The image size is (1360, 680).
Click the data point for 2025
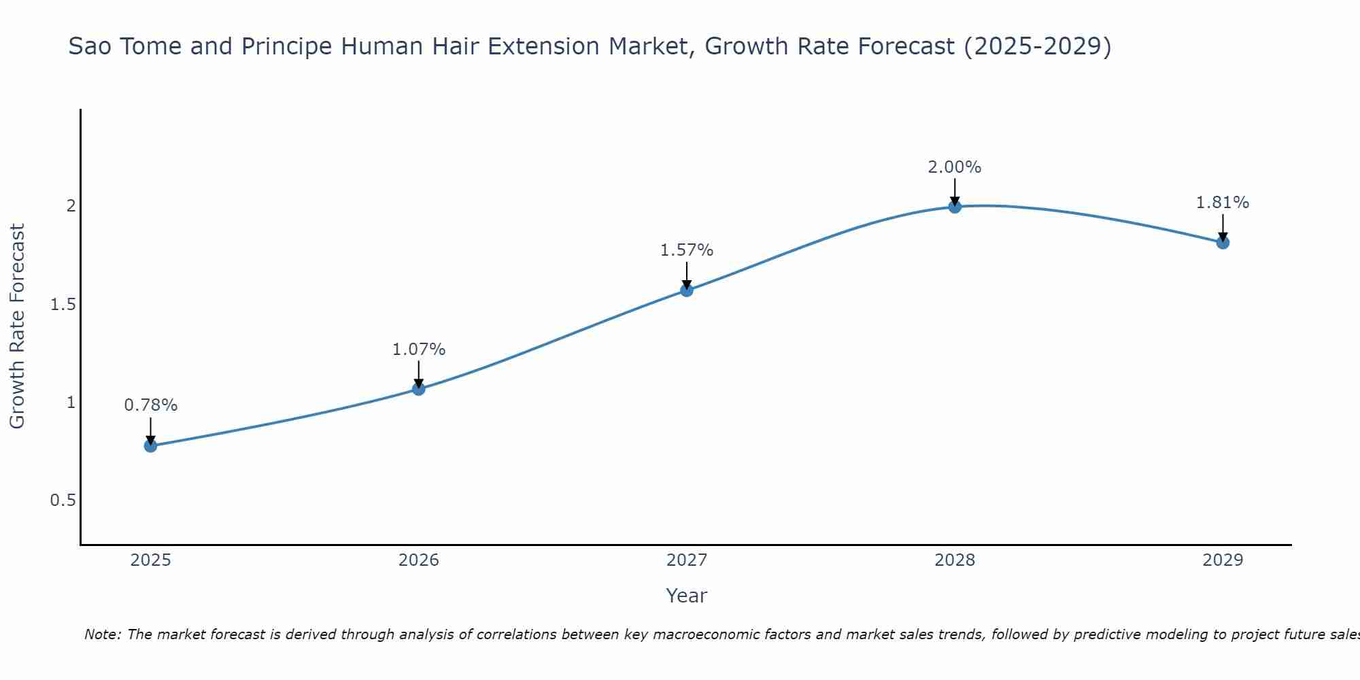click(x=150, y=446)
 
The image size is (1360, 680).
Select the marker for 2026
click(x=419, y=389)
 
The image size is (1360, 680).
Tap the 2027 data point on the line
click(x=687, y=290)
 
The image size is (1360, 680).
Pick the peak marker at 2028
click(x=955, y=207)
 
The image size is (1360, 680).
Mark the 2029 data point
click(x=1223, y=243)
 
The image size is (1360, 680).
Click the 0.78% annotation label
click(x=150, y=405)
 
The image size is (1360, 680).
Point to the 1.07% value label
click(x=419, y=350)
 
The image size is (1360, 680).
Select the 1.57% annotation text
click(x=687, y=250)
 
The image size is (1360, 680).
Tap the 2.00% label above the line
click(x=955, y=167)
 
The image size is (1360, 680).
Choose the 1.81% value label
click(x=1223, y=203)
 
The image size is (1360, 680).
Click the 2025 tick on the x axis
click(x=150, y=560)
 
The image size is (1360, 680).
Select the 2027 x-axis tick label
click(x=687, y=560)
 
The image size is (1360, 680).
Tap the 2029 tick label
click(x=1223, y=560)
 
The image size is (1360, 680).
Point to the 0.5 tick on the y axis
click(x=63, y=500)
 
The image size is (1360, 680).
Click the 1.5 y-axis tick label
click(x=63, y=305)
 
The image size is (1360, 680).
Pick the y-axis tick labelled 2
click(x=71, y=205)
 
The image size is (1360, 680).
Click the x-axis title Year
click(x=687, y=596)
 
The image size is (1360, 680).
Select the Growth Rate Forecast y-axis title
click(x=18, y=326)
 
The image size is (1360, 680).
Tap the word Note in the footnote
click(x=102, y=634)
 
